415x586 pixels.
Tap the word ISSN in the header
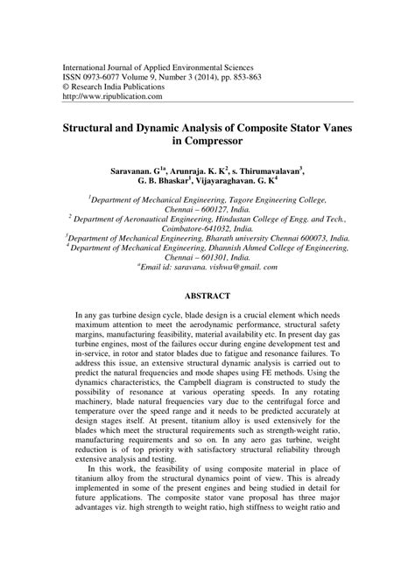point(72,76)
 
